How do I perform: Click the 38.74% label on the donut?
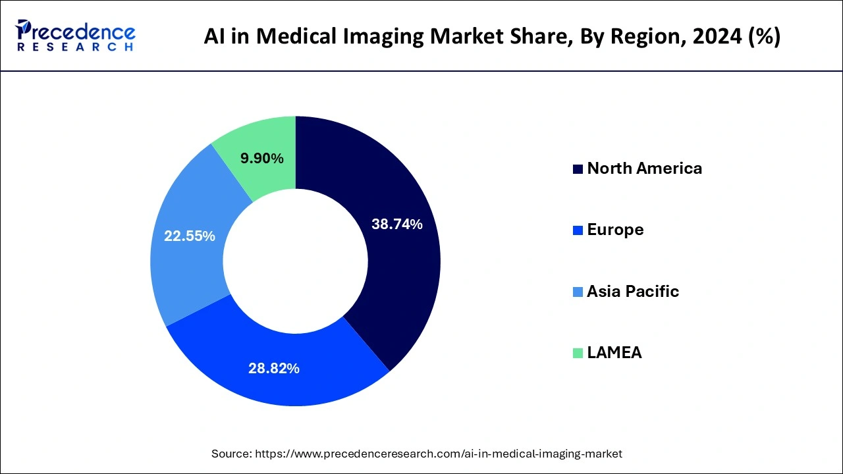click(x=396, y=224)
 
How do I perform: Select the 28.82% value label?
click(x=273, y=369)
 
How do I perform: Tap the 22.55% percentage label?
click(x=190, y=236)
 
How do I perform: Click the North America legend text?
click(x=644, y=169)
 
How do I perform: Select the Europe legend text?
click(x=615, y=230)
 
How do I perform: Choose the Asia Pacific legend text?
click(x=632, y=292)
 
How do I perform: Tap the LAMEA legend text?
click(x=614, y=353)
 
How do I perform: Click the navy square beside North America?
click(x=578, y=169)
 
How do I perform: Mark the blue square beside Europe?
click(x=578, y=230)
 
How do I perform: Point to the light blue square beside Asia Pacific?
click(x=578, y=292)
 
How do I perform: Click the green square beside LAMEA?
click(x=578, y=354)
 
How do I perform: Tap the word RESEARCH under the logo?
click(x=75, y=47)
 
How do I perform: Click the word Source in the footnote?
click(x=230, y=454)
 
